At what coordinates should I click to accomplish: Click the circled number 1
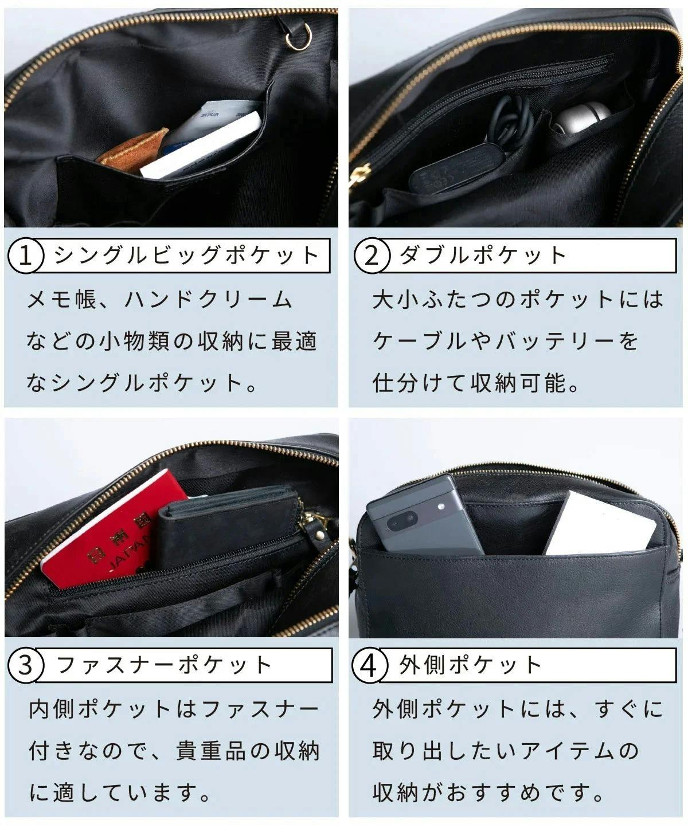pos(25,255)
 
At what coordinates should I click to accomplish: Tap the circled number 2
pos(372,255)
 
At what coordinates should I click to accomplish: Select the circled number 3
pos(25,665)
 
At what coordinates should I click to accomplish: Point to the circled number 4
pos(370,665)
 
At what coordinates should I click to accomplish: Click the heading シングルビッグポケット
pos(186,255)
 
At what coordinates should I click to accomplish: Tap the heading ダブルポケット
pos(483,255)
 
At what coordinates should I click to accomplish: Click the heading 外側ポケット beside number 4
pos(471,665)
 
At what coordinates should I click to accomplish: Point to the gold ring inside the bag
pos(299,37)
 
